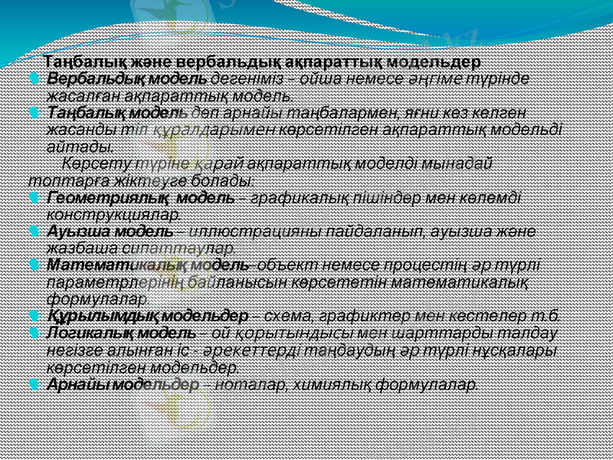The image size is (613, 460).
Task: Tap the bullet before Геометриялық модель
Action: tap(32, 197)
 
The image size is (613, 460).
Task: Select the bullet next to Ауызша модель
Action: tap(32, 230)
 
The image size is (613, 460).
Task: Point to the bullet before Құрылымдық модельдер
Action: tap(32, 314)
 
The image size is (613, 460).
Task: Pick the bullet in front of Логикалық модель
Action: tap(32, 332)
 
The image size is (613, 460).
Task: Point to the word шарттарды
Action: tap(446, 333)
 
